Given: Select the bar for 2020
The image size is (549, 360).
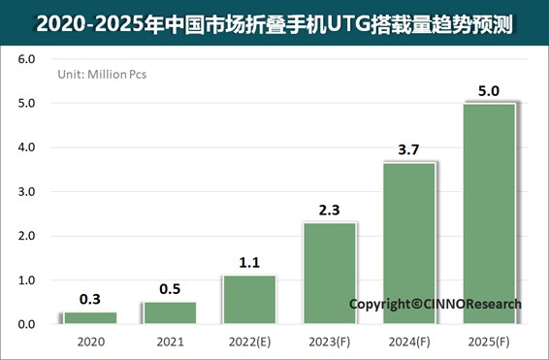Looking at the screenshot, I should point(89,317).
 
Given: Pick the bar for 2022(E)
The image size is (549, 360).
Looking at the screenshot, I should point(249,299).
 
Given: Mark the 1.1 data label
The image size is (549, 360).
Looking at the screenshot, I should point(249,263).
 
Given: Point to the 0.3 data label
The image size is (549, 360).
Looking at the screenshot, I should point(89,299).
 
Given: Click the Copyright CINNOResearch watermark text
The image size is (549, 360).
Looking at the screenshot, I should point(435,304).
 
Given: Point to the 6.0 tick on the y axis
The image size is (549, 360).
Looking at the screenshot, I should point(26,59).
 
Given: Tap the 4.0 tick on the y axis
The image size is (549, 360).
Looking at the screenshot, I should point(26,147).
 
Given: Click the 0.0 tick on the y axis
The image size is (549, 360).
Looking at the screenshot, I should point(26,324).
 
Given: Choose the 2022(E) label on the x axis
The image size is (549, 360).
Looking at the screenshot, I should point(249,342).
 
